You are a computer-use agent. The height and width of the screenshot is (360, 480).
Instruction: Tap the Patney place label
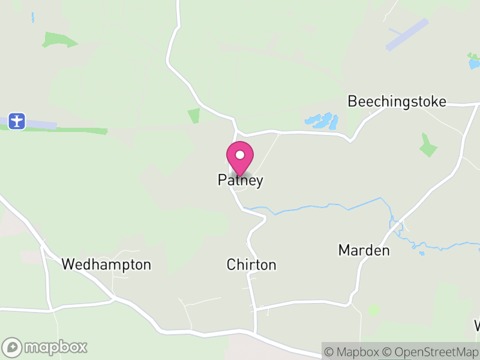point(240,181)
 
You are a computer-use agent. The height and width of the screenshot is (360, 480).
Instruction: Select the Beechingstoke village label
point(397,101)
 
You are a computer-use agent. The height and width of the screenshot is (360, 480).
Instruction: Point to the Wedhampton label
point(106,265)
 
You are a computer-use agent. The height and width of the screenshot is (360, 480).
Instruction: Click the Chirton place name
point(251,265)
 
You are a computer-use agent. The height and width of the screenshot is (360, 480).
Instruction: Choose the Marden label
point(364,250)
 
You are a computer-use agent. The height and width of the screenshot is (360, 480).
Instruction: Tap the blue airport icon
point(17,121)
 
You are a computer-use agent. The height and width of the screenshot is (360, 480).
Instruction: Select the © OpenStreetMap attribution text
point(431,352)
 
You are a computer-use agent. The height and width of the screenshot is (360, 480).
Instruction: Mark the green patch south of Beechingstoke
point(428,146)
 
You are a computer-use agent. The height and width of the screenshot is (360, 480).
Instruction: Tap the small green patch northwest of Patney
point(193,116)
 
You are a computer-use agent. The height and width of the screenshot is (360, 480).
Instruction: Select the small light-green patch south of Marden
point(374,310)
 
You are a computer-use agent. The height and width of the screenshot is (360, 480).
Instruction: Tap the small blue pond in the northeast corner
point(474,62)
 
